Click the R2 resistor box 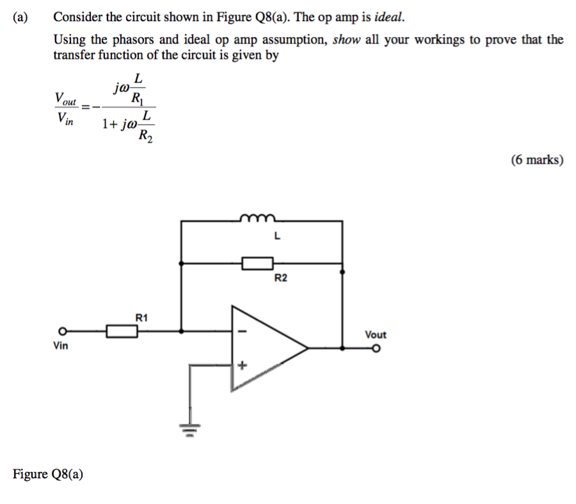coord(257,262)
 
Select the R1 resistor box coord(122,331)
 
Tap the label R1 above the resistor coord(141,317)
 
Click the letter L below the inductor coord(276,235)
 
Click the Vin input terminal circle coord(62,331)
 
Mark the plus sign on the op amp coord(242,366)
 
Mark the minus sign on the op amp coord(242,331)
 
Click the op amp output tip coord(308,349)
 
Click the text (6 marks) coord(537,160)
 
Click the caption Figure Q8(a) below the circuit coord(48,474)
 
